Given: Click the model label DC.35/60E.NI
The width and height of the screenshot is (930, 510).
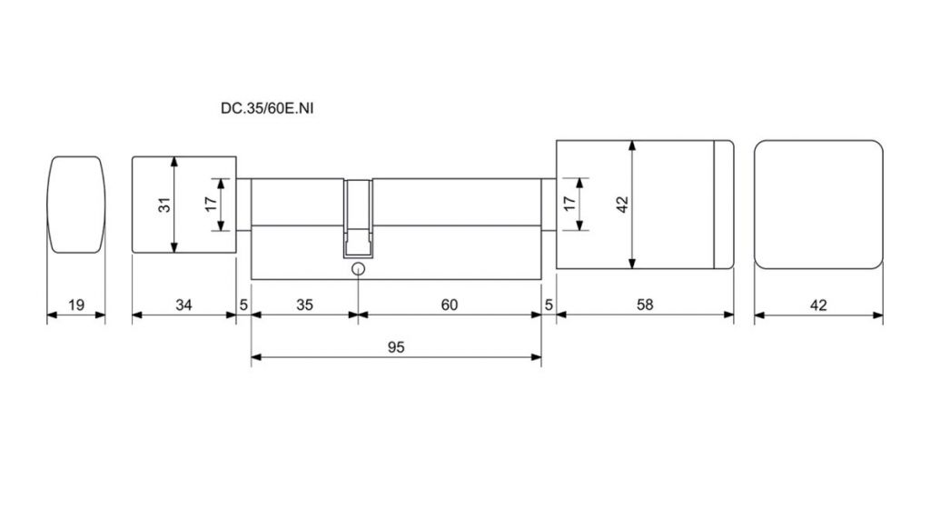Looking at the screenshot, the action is tap(267, 108).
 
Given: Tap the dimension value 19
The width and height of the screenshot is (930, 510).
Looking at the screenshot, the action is tap(76, 305).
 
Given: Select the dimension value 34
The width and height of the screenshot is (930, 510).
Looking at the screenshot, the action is tap(183, 305).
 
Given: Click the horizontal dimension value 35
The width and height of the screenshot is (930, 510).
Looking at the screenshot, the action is tap(304, 305).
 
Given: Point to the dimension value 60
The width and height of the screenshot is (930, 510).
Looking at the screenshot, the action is tap(450, 305).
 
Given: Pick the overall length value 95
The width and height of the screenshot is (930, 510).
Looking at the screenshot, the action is tap(396, 347).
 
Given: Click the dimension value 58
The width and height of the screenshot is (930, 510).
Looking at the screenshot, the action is tap(645, 305).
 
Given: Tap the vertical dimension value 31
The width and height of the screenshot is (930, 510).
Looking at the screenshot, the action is tap(165, 205).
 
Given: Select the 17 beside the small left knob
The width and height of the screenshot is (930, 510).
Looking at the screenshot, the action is tap(211, 205).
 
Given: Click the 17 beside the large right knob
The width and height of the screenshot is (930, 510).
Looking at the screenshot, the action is tap(569, 204).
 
